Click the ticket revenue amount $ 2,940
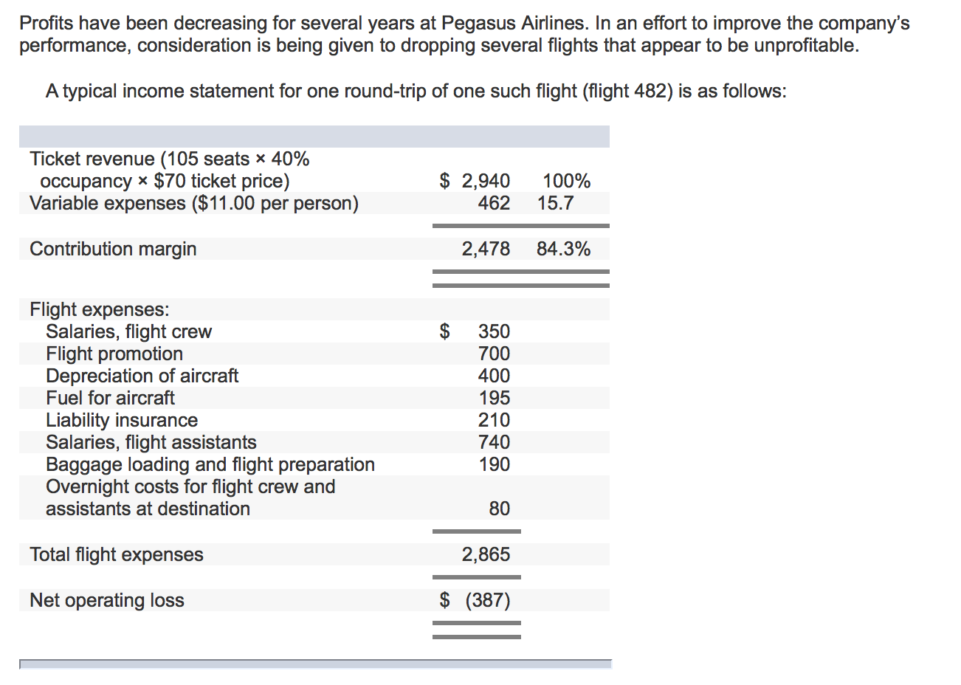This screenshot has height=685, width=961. tap(475, 181)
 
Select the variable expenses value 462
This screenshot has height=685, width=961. tap(494, 203)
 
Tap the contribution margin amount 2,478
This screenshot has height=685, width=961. tap(486, 249)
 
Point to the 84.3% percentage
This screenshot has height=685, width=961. tap(563, 249)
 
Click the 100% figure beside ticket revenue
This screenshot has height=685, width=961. tap(566, 181)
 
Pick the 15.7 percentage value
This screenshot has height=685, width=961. tap(555, 203)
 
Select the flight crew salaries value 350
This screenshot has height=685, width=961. tap(494, 331)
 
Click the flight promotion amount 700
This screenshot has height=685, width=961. tap(494, 354)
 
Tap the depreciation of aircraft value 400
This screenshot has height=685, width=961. tap(494, 376)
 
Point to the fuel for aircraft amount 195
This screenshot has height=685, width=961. tap(494, 398)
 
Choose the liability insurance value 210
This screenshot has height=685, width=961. tap(494, 420)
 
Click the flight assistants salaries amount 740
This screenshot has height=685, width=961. tap(494, 442)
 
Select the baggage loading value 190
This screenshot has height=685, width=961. tap(494, 464)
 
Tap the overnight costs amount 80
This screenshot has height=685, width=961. tap(499, 509)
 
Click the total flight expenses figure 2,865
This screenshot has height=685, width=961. tap(486, 554)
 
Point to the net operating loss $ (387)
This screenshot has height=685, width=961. tap(475, 600)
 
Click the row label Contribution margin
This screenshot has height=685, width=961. tap(113, 249)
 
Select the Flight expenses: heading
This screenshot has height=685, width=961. tap(100, 309)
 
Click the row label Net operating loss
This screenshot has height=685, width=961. tap(107, 600)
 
